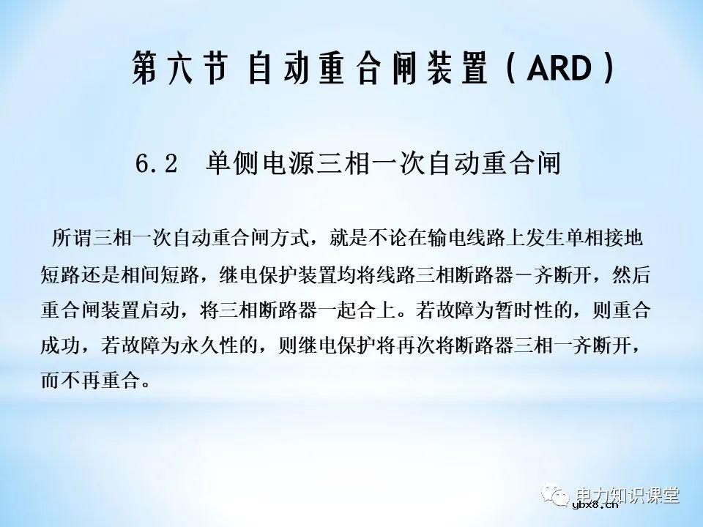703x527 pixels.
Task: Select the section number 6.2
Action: tap(157, 163)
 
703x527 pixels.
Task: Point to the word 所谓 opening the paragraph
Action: tap(72, 239)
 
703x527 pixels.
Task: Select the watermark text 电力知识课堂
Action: tap(628, 496)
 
